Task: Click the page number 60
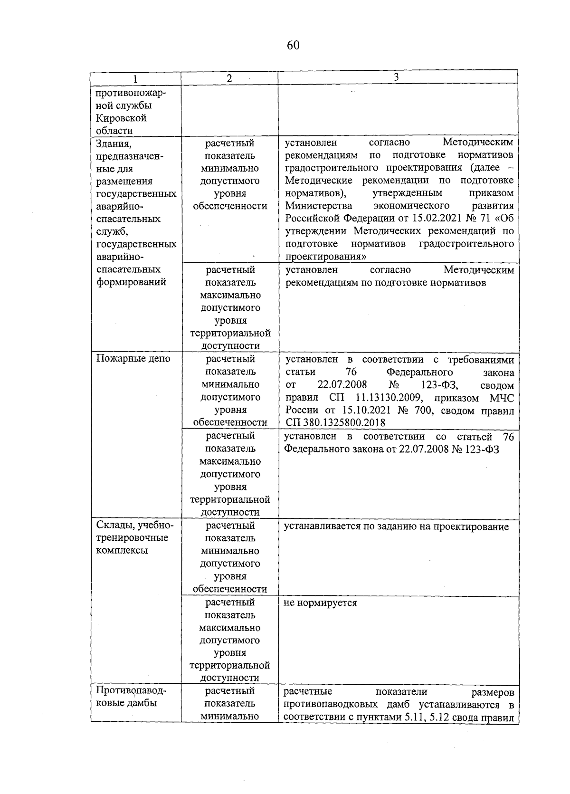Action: (x=293, y=46)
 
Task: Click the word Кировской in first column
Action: (x=121, y=118)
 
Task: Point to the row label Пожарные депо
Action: (x=133, y=359)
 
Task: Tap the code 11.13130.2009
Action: (x=389, y=398)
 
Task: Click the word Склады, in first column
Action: (x=114, y=526)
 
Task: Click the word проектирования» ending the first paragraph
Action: (x=325, y=257)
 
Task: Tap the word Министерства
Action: (x=319, y=206)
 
